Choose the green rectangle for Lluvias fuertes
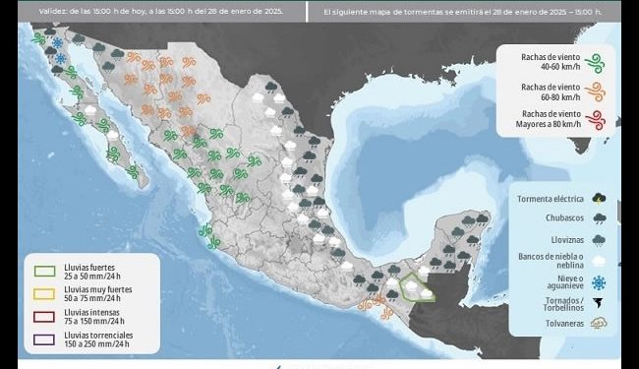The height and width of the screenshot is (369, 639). (x=43, y=270)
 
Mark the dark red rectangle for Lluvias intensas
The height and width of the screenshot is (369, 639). (x=43, y=316)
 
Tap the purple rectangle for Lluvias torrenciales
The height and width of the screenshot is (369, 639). (x=43, y=339)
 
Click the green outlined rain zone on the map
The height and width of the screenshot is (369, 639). (x=417, y=288)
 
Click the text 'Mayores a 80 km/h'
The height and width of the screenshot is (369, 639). (x=552, y=126)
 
